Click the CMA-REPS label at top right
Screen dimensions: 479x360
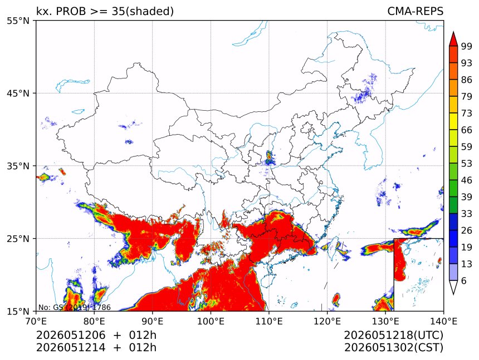415,11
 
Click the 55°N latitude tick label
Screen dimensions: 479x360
18,21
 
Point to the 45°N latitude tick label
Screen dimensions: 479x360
18,93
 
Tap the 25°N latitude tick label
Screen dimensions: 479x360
18,238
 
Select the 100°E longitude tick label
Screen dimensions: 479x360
211,321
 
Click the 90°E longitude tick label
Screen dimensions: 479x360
153,321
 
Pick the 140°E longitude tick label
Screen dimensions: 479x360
443,321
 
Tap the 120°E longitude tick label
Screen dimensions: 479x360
327,321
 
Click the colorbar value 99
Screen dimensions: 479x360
467,46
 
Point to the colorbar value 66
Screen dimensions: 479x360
467,130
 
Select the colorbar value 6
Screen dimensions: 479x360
464,280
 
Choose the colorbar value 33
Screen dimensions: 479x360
467,214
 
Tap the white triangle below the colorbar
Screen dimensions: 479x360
453,287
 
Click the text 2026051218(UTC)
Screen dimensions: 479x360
393,335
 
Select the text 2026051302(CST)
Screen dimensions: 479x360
393,348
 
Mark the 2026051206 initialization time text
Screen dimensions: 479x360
71,335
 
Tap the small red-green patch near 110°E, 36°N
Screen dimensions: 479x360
269,158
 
